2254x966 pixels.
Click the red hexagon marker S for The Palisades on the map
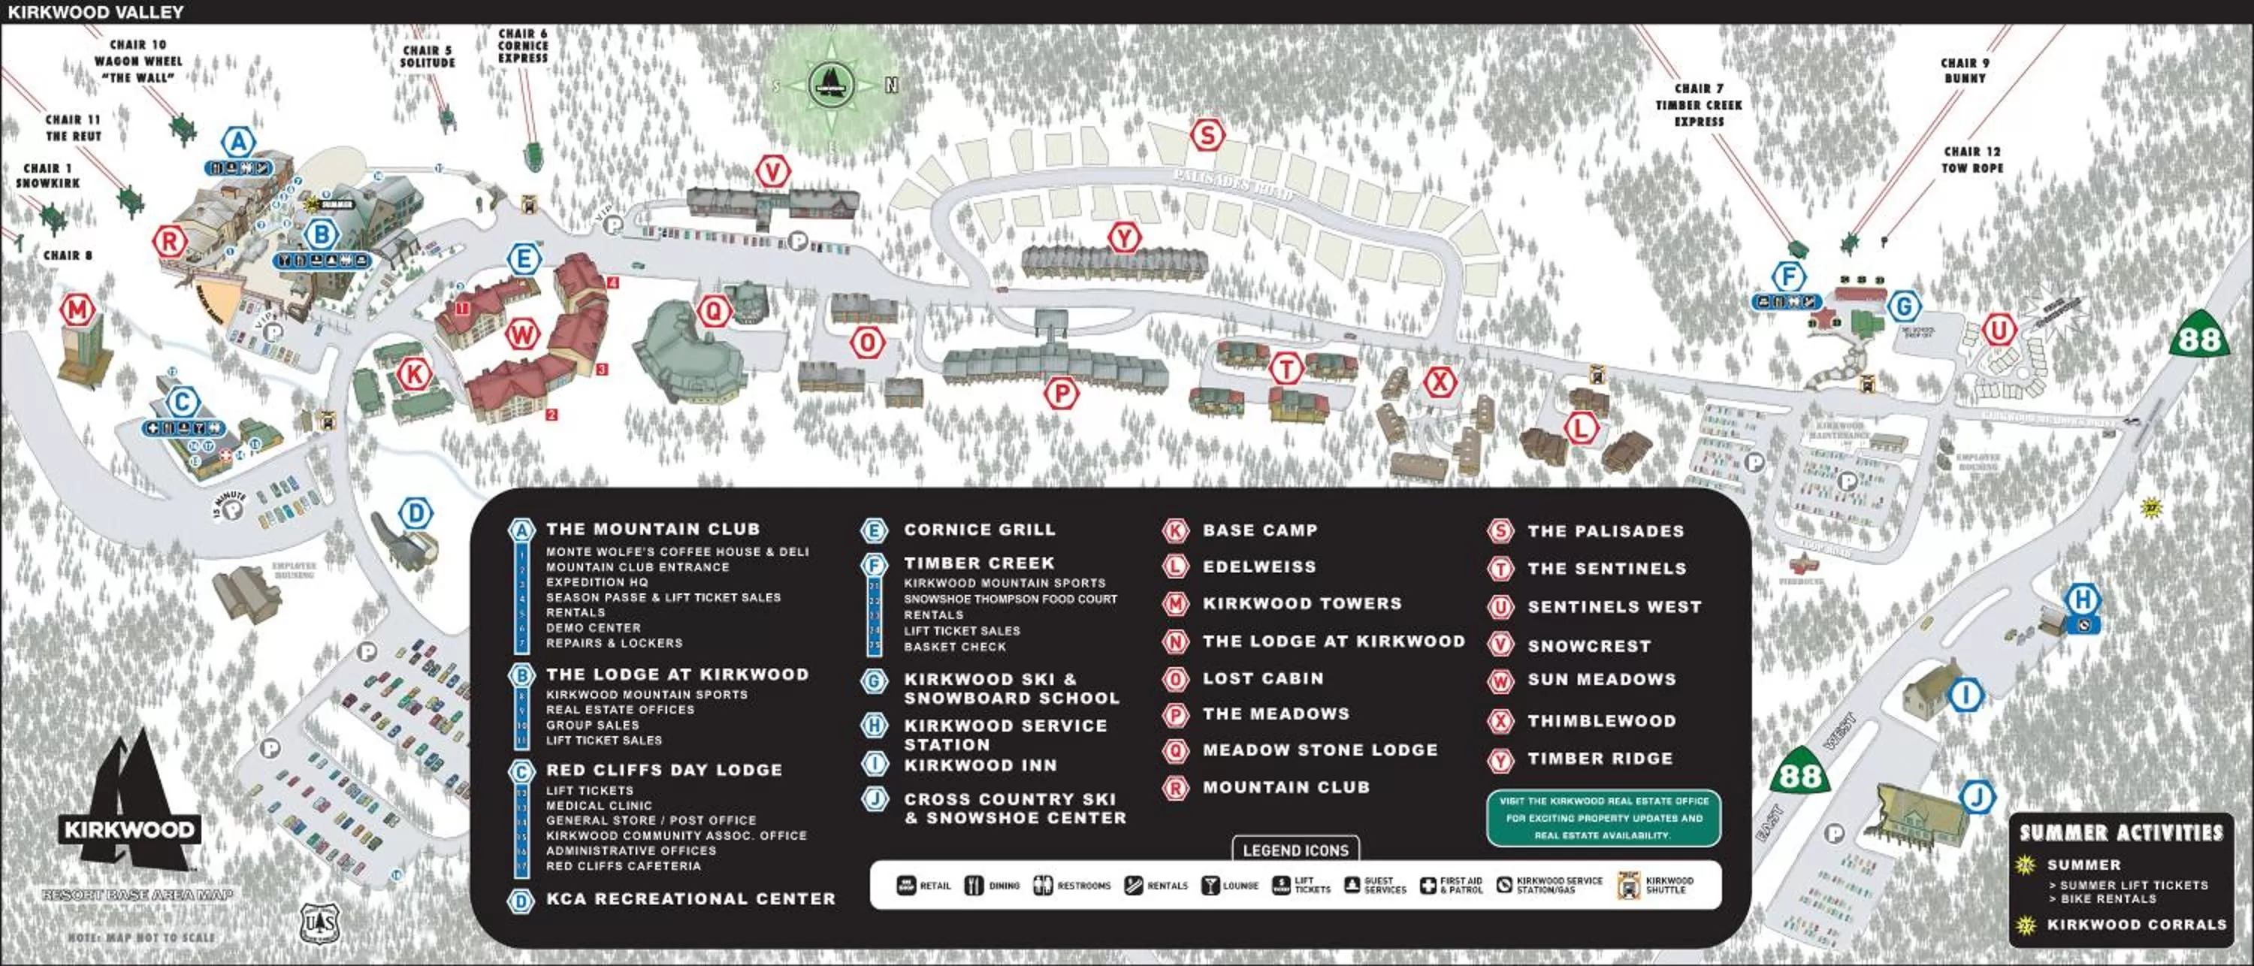click(x=1207, y=136)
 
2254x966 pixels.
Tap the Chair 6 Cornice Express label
click(x=523, y=46)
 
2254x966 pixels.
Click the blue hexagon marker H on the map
click(x=2083, y=600)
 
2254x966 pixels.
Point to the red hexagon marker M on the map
click(x=77, y=309)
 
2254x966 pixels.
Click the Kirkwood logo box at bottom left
click(x=129, y=829)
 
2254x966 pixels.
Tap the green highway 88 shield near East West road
click(x=1800, y=774)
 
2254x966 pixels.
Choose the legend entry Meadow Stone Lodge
click(x=1319, y=750)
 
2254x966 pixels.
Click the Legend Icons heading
click(x=1296, y=850)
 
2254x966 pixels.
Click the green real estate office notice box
click(x=1603, y=818)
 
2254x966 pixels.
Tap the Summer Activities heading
click(x=2121, y=832)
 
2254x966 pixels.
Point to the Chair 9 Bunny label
click(x=1965, y=70)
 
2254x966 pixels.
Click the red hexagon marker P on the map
click(x=1062, y=394)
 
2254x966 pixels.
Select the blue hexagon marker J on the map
click(x=1977, y=797)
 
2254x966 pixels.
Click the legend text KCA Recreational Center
click(x=690, y=898)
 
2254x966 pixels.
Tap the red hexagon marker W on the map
click(x=522, y=334)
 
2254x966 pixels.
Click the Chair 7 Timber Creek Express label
click(x=1698, y=105)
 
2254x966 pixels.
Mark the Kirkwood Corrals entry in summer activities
click(x=2136, y=924)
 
